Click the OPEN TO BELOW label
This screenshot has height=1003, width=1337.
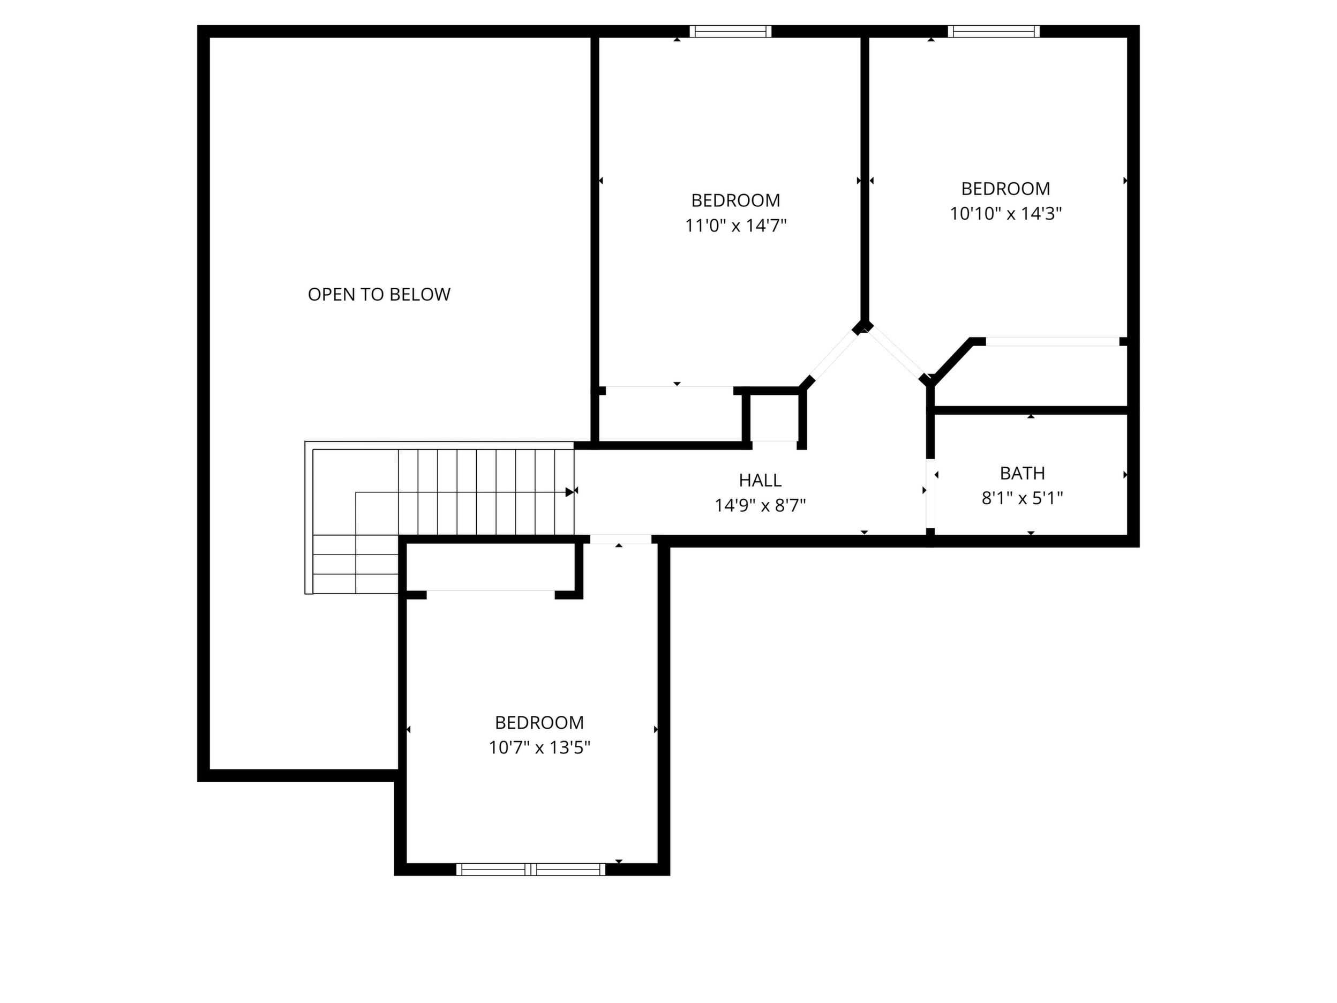tap(379, 295)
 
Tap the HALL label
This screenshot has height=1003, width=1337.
tap(760, 480)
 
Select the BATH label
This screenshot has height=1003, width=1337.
tap(1022, 473)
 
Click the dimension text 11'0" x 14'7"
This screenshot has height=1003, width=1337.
tap(735, 226)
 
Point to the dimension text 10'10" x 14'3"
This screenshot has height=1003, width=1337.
tap(1006, 213)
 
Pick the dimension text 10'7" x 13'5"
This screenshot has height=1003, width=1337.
tap(539, 748)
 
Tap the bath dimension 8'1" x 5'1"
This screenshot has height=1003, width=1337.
tap(1022, 498)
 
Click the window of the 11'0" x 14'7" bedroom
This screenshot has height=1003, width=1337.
tap(731, 32)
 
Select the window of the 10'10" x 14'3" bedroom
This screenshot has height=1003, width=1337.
tap(994, 32)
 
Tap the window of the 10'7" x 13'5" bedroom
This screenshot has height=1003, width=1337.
tap(531, 870)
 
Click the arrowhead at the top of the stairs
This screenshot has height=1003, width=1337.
tap(569, 492)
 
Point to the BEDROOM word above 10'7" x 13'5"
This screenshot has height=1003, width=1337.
tap(539, 722)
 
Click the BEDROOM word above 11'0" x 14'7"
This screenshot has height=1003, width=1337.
tap(735, 200)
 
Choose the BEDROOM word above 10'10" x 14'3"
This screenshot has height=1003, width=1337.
tap(1006, 189)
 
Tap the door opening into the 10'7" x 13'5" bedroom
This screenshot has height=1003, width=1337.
tap(621, 540)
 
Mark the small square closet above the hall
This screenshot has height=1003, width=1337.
tap(774, 417)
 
